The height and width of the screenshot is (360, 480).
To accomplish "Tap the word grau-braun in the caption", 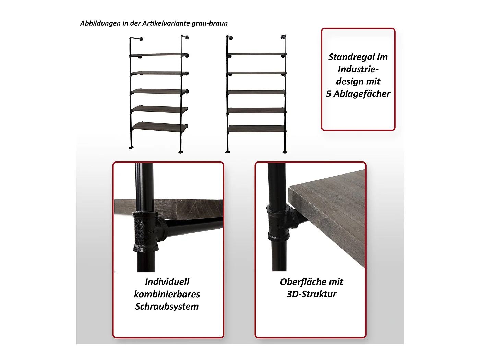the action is click(x=209, y=23).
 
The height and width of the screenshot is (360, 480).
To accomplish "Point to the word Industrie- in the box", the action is click(x=358, y=69).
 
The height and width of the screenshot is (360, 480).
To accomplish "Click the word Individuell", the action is click(x=167, y=282).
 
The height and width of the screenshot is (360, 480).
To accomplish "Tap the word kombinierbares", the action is click(x=167, y=294).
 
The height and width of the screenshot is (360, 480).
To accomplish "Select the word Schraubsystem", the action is click(x=167, y=307).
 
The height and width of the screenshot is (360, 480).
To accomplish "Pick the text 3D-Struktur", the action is click(x=312, y=294).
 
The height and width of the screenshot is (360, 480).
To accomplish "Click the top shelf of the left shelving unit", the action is click(x=159, y=55).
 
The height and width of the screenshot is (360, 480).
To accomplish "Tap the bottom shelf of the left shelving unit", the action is click(x=160, y=127).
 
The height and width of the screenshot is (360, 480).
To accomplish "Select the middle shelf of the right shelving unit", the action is click(x=256, y=92).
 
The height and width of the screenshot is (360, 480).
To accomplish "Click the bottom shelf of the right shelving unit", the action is click(x=256, y=129).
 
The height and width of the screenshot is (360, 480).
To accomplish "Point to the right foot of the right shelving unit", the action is click(x=285, y=152).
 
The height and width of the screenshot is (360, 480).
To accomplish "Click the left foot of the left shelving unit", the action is click(x=131, y=147).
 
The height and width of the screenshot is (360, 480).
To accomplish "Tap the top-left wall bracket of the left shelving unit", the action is click(x=136, y=39).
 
